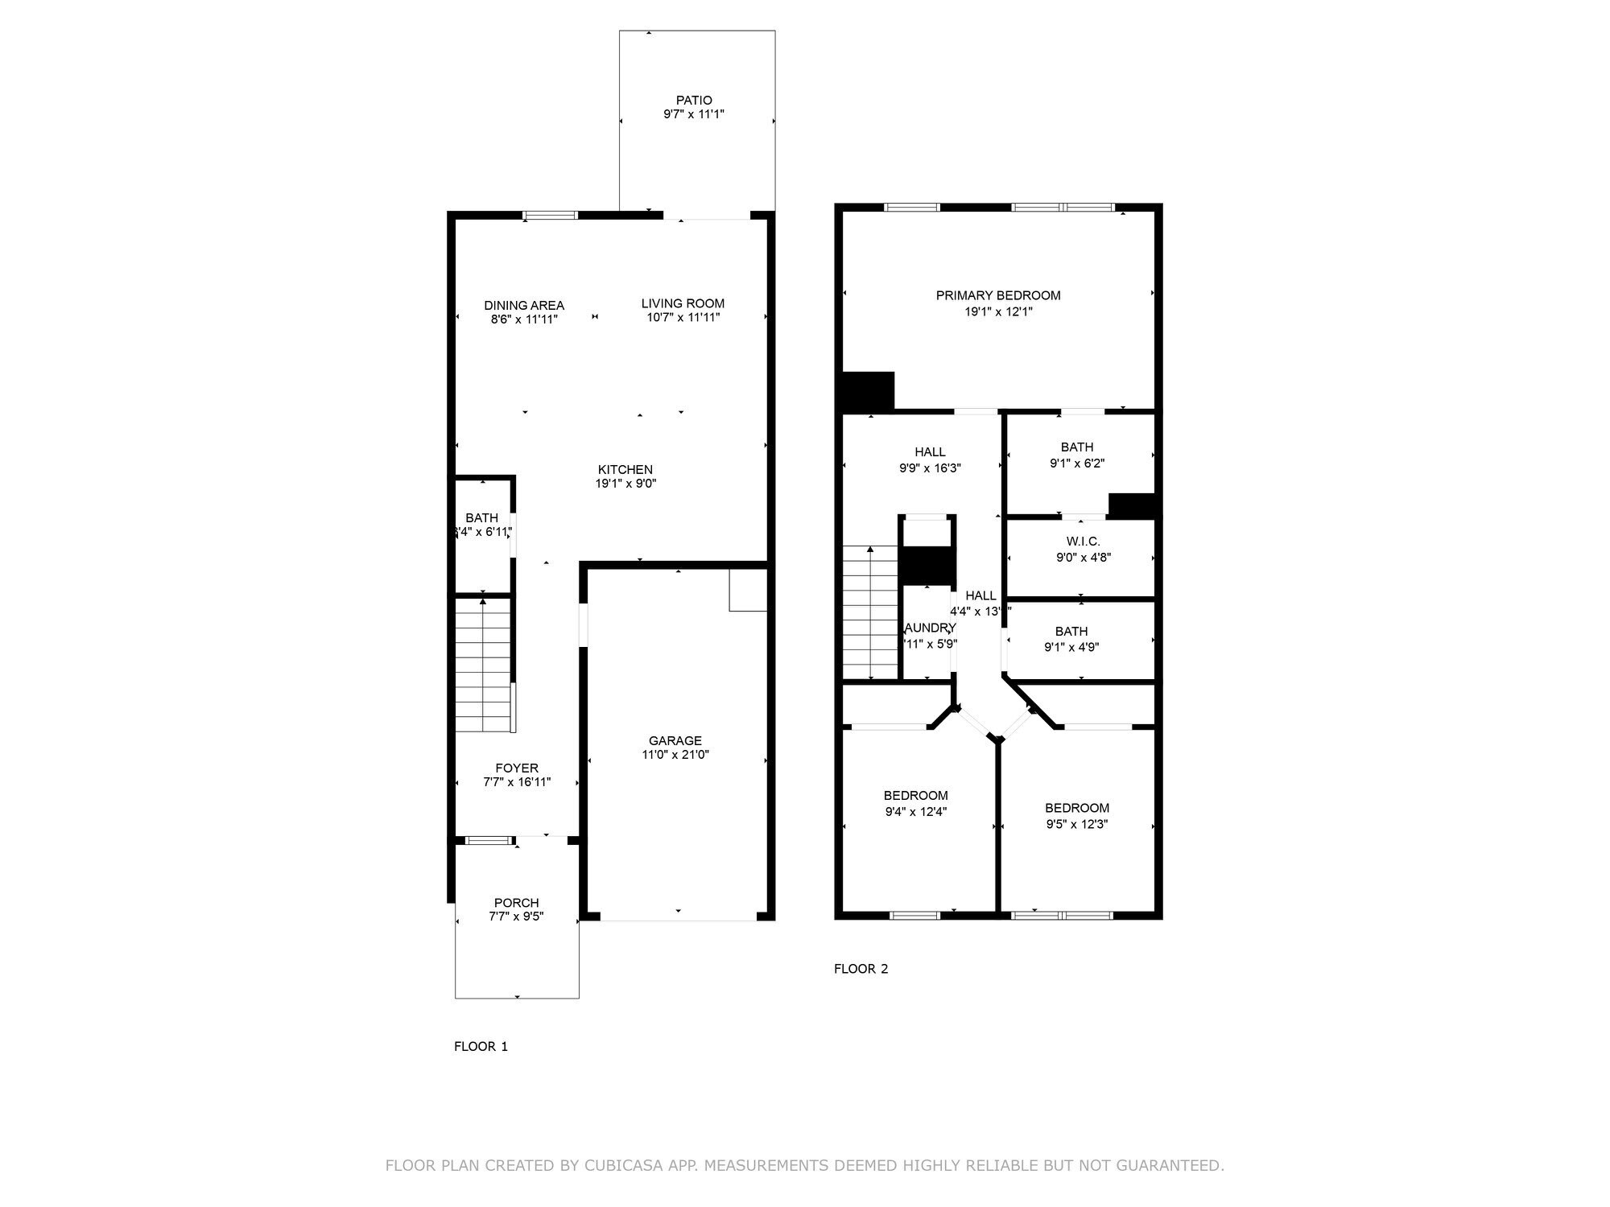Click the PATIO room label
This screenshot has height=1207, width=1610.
click(693, 101)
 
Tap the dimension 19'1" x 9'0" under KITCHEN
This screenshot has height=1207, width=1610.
click(625, 484)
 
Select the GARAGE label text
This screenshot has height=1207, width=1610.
click(675, 740)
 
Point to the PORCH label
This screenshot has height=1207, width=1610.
click(516, 903)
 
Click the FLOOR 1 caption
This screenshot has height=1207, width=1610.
click(481, 1046)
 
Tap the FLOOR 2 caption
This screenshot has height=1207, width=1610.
click(861, 969)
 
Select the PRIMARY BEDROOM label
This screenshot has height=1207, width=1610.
click(997, 295)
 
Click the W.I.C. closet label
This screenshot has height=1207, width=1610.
click(1083, 542)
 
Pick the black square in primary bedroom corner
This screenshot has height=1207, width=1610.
click(868, 391)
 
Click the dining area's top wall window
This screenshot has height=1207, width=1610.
click(550, 215)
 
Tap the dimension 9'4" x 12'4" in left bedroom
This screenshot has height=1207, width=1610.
click(915, 811)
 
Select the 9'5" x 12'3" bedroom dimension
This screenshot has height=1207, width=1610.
click(1077, 824)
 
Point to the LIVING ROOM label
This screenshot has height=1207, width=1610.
click(683, 303)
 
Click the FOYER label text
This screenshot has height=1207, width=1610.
click(516, 768)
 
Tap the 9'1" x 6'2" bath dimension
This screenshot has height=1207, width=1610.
click(1077, 463)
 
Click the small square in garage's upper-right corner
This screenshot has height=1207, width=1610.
click(748, 590)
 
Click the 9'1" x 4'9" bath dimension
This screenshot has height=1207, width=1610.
click(1071, 647)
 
